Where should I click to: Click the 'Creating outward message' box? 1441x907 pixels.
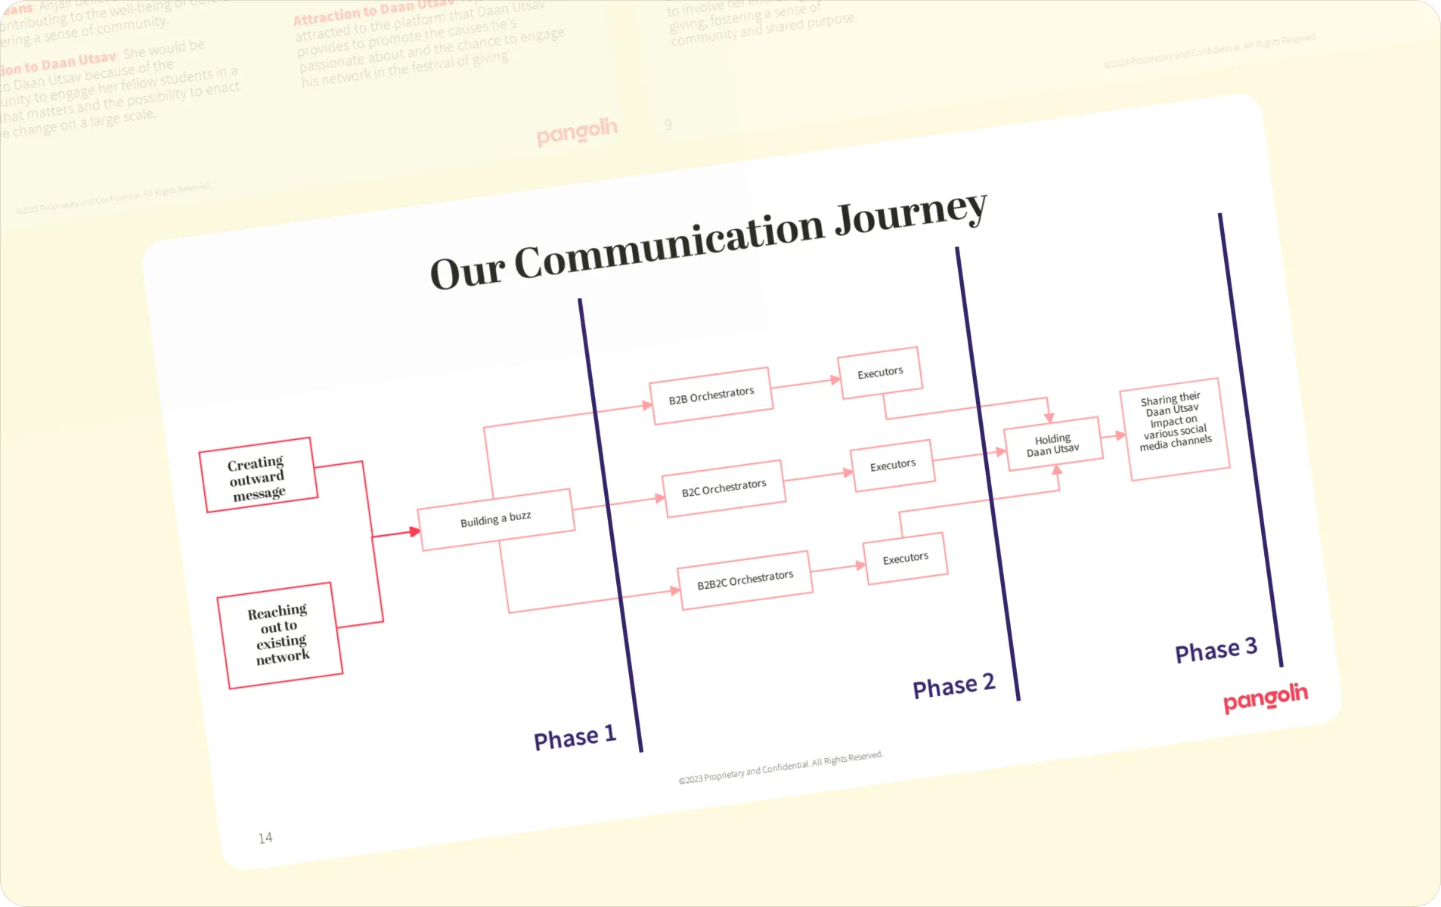258,475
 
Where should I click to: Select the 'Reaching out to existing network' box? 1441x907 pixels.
280,635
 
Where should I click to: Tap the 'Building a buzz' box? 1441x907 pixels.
496,519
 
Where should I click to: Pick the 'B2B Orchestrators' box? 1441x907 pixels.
711,395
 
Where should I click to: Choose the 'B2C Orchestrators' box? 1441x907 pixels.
724,488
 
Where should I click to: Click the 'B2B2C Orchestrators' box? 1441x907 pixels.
745,580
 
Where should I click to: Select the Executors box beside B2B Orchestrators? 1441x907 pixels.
880,373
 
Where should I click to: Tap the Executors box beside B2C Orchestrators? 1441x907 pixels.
893,465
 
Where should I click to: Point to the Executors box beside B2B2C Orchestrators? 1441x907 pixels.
905,559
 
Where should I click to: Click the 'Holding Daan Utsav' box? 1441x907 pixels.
1052,444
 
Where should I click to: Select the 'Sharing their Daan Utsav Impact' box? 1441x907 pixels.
1176,428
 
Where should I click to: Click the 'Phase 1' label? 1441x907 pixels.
575,737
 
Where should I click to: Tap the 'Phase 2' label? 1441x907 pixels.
953,686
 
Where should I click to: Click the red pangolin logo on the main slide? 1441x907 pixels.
1265,698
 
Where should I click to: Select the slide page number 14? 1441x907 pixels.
265,837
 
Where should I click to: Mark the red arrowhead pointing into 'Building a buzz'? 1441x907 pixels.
415,532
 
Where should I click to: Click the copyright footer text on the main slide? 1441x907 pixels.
780,767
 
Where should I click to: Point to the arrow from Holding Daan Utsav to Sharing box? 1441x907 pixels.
1114,436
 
